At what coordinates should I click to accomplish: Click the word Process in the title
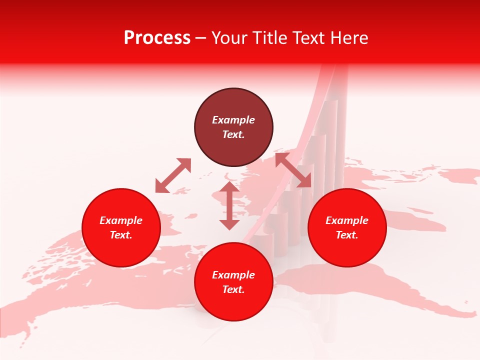(157, 38)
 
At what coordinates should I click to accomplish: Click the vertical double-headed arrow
(229, 205)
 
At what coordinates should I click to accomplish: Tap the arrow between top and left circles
(173, 175)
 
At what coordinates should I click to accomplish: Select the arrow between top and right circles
(293, 170)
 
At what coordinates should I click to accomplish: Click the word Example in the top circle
(233, 120)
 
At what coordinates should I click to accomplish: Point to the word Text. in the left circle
(121, 235)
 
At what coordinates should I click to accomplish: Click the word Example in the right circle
(347, 220)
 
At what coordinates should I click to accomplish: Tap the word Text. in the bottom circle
(233, 289)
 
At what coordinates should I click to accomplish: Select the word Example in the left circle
(121, 220)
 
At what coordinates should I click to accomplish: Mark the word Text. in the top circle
(233, 134)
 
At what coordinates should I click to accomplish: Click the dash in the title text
(200, 38)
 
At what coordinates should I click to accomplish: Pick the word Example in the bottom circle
(233, 275)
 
